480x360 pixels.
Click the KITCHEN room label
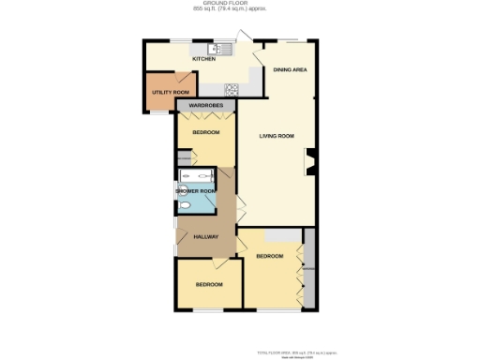pyautogui.click(x=203, y=59)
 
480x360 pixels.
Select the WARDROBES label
pyautogui.click(x=204, y=106)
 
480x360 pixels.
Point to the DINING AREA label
pyautogui.click(x=289, y=70)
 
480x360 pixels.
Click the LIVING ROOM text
pyautogui.click(x=277, y=136)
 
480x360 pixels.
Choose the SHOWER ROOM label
pyautogui.click(x=195, y=190)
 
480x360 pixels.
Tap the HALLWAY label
pyautogui.click(x=205, y=236)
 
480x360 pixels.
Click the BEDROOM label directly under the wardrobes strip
pyautogui.click(x=205, y=133)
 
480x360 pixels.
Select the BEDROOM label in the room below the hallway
pyautogui.click(x=209, y=284)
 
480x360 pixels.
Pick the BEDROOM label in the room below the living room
pyautogui.click(x=270, y=256)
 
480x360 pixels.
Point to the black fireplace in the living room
pyautogui.click(x=310, y=166)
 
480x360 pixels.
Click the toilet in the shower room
pyautogui.click(x=185, y=207)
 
